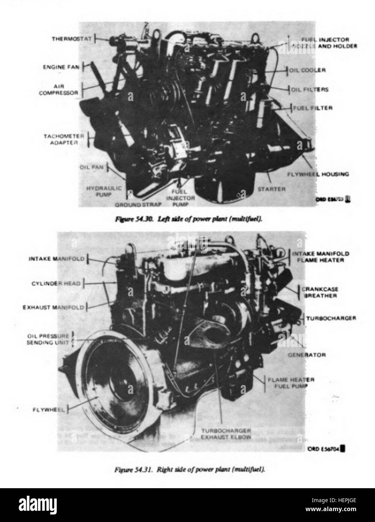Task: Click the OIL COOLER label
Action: [307, 70]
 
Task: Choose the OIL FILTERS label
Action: [310, 90]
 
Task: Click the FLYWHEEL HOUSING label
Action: [318, 174]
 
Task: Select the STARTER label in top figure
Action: [271, 189]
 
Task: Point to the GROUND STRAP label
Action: [138, 205]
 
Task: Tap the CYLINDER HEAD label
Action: [56, 283]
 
